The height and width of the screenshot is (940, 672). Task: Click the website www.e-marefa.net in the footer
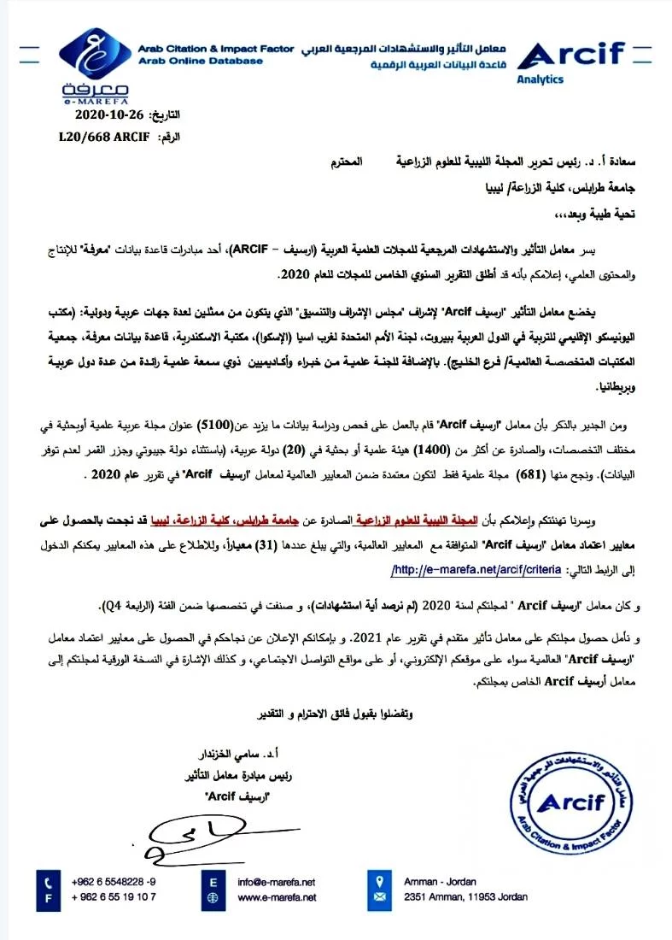tap(277, 897)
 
